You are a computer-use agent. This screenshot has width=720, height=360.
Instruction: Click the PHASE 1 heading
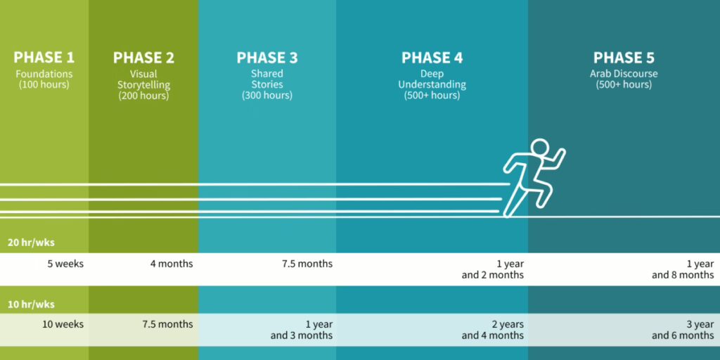pyautogui.click(x=44, y=58)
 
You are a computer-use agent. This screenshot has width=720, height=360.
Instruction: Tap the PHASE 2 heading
pyautogui.click(x=143, y=58)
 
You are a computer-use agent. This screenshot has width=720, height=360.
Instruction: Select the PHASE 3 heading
pyautogui.click(x=266, y=58)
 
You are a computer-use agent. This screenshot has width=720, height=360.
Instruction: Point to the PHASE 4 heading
pyautogui.click(x=432, y=58)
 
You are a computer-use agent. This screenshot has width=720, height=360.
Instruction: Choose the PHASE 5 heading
pyautogui.click(x=624, y=58)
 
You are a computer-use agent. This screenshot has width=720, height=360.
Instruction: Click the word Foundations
pyautogui.click(x=44, y=74)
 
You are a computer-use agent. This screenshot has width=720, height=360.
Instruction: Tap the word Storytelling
pyautogui.click(x=143, y=85)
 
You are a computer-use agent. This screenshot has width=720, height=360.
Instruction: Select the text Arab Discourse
pyautogui.click(x=624, y=74)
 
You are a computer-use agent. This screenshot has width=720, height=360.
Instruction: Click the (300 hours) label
pyautogui.click(x=266, y=96)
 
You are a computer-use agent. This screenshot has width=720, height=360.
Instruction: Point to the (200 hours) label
pyautogui.click(x=143, y=96)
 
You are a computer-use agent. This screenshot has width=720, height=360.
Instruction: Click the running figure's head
pyautogui.click(x=539, y=148)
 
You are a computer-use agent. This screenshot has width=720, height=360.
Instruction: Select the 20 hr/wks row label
pyautogui.click(x=31, y=243)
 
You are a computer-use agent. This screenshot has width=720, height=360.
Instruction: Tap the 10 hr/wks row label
pyautogui.click(x=31, y=304)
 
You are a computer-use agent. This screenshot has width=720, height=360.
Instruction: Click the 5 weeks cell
pyautogui.click(x=65, y=264)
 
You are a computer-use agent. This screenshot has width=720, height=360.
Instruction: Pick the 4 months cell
pyautogui.click(x=172, y=264)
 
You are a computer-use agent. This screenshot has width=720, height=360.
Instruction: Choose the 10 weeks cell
pyautogui.click(x=63, y=324)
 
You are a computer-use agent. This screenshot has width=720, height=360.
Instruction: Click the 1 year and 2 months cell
pyautogui.click(x=493, y=269)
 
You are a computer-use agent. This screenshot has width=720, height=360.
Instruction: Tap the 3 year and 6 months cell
pyautogui.click(x=683, y=330)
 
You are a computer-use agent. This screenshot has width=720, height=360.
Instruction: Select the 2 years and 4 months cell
pyautogui.click(x=493, y=330)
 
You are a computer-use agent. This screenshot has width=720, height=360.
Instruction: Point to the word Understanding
pyautogui.click(x=432, y=85)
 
